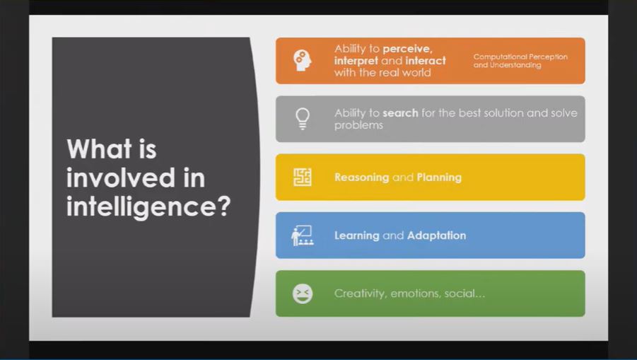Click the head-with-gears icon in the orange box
pos(303,61)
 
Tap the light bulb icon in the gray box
pos(303,119)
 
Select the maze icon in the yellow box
pos(303,177)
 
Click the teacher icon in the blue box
pos(303,236)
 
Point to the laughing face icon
pos(303,294)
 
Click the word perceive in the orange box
pos(407,50)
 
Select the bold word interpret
pos(356,61)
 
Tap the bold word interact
pos(426,61)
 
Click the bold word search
pos(400,113)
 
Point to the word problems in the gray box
pos(358,125)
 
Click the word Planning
pos(439,178)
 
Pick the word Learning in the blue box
pos(357,236)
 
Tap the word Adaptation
pos(437,236)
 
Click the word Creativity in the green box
pos(361,294)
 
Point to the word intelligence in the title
pos(148,207)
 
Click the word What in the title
pos(100,149)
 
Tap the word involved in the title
pos(121,178)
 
